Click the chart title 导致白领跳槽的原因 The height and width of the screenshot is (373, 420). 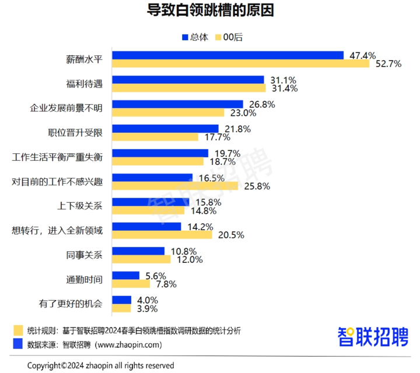tap(209, 11)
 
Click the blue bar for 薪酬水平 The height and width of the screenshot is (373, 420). tap(228, 55)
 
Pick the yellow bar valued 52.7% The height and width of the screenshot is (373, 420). tap(240, 64)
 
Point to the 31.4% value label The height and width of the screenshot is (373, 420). tap(283, 89)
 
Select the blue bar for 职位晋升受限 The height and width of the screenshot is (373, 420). tap(165, 129)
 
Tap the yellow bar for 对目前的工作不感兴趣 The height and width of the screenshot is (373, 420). tap(175, 186)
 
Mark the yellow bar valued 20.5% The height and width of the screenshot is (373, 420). tap(162, 235)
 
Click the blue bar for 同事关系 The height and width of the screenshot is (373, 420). tap(138, 251)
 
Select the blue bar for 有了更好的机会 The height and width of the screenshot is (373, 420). tap(121, 300)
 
